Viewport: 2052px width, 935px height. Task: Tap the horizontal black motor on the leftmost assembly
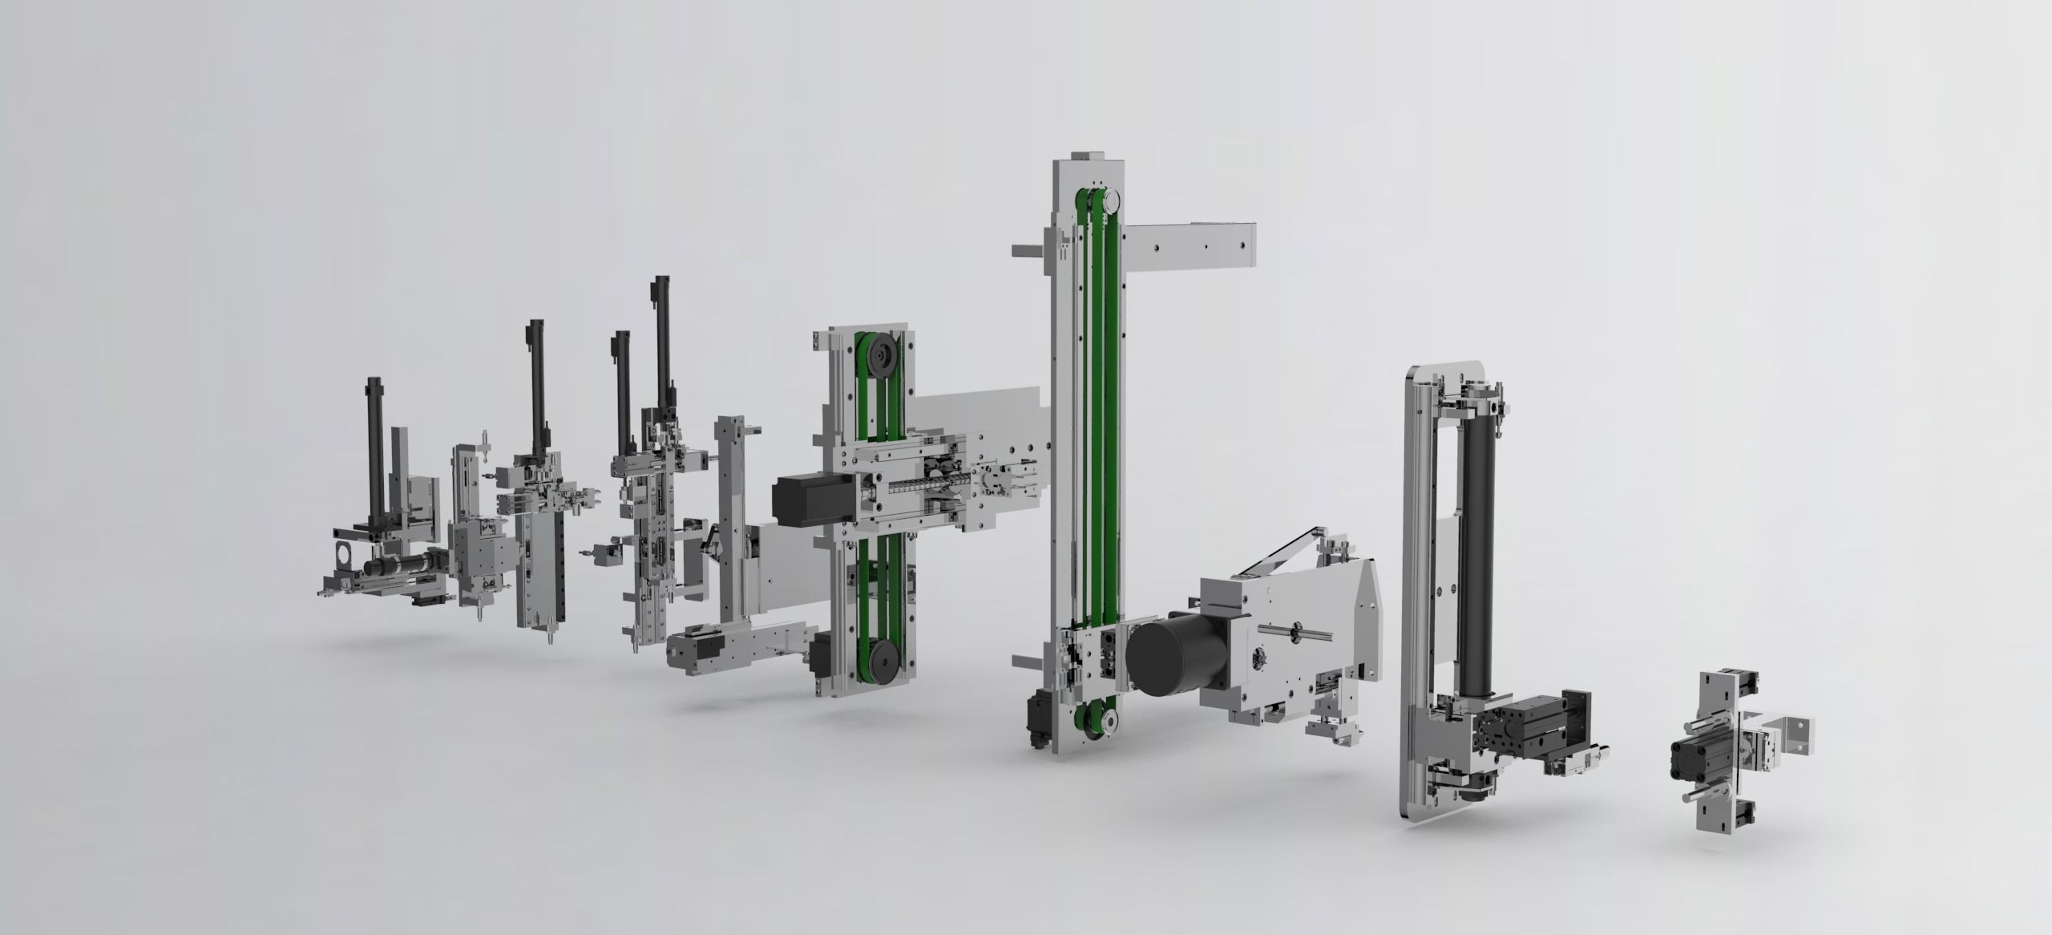397,566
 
